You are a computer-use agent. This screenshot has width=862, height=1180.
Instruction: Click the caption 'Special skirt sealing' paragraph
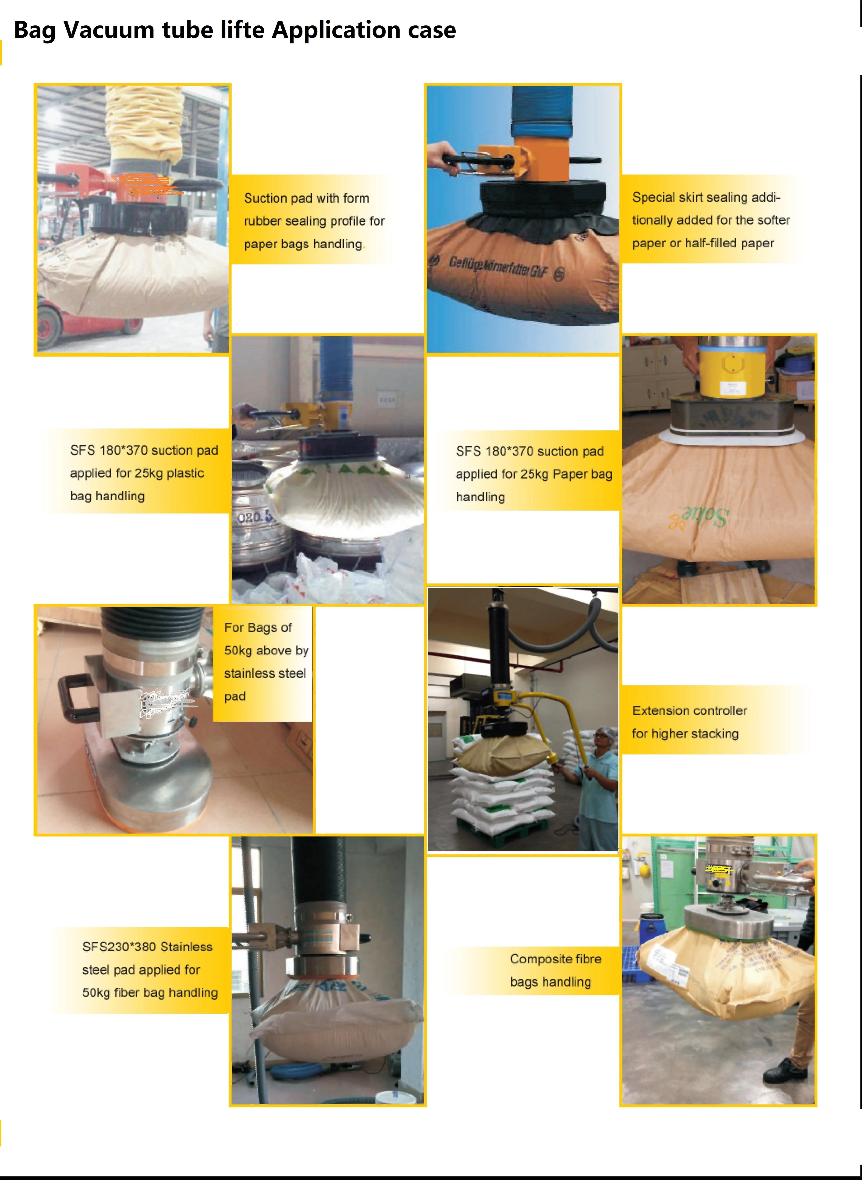click(x=711, y=220)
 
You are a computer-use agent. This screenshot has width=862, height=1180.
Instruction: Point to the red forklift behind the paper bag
click(x=78, y=323)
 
